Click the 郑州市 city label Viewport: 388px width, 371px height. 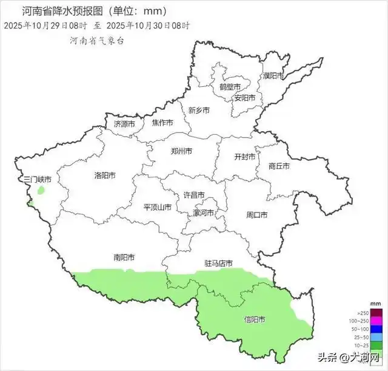[x=181, y=151]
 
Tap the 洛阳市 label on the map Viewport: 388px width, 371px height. [x=104, y=175]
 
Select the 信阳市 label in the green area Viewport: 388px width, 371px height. [x=254, y=319]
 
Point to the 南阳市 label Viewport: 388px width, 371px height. [x=124, y=257]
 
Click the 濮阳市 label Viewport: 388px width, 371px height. [x=273, y=76]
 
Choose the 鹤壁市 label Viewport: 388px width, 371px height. [x=230, y=87]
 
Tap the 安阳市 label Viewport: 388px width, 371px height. [x=245, y=98]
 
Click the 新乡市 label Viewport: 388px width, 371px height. [x=199, y=111]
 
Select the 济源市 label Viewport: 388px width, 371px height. [x=125, y=123]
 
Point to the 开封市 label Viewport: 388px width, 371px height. [x=246, y=156]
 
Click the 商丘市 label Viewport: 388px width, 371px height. [x=278, y=166]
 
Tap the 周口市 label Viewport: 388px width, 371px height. [x=257, y=215]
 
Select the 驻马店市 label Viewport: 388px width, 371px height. [x=219, y=264]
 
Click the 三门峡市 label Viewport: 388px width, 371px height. [x=37, y=180]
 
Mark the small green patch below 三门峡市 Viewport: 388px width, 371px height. [x=41, y=190]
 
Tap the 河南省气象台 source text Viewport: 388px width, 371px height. [x=97, y=41]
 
